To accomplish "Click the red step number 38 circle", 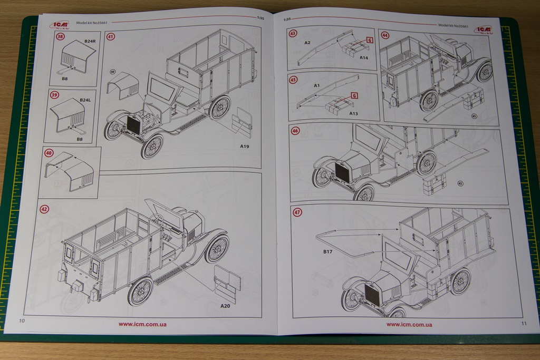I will pyautogui.click(x=60, y=37).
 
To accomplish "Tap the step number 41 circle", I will pyautogui.click(x=110, y=36).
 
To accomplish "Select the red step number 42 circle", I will pyautogui.click(x=44, y=209).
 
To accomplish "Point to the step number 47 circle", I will pyautogui.click(x=298, y=212).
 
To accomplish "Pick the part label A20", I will pyautogui.click(x=226, y=306).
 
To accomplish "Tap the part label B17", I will pyautogui.click(x=329, y=252).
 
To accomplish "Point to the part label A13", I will pyautogui.click(x=353, y=113).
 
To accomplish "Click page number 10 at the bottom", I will pyautogui.click(x=22, y=321).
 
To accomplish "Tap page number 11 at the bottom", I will pyautogui.click(x=523, y=323).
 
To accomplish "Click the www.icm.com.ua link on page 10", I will pyautogui.click(x=142, y=324).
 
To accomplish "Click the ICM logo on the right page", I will pyautogui.click(x=483, y=30).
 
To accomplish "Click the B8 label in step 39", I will pyautogui.click(x=80, y=139).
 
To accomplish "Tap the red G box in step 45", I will pyautogui.click(x=354, y=95).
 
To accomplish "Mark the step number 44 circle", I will pyautogui.click(x=385, y=35).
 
